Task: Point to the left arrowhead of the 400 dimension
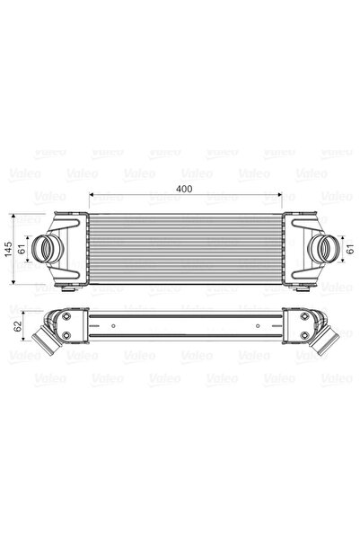tap(92, 195)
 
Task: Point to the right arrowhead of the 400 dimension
tap(282, 195)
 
